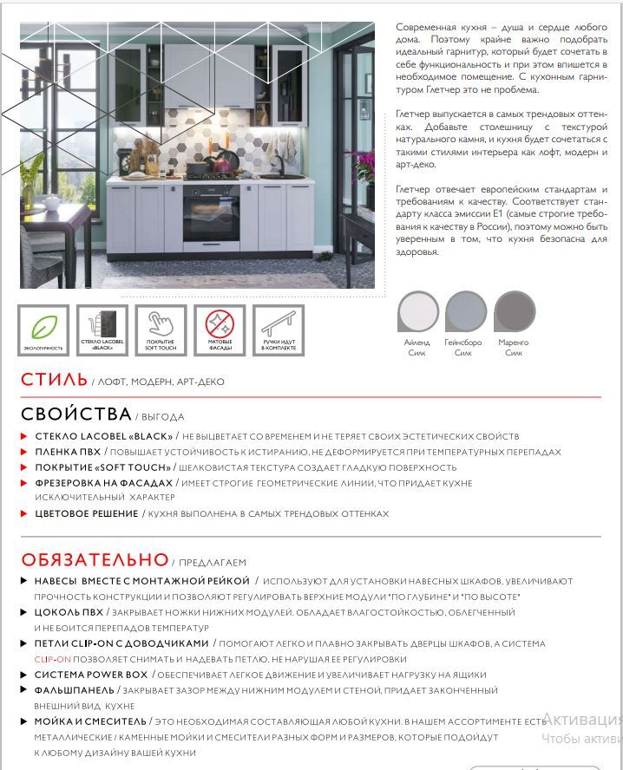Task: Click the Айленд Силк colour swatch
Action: [x=417, y=310]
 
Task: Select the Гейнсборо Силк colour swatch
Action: [x=465, y=310]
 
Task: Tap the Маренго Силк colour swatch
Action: [x=515, y=310]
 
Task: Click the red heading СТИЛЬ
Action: [x=54, y=380]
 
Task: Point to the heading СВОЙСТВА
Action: [x=76, y=414]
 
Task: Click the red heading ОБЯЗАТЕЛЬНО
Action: [x=95, y=559]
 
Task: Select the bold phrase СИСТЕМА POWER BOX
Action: [x=91, y=675]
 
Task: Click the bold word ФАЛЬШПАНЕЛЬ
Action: [x=75, y=690]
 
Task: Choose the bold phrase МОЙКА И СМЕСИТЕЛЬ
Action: [x=90, y=721]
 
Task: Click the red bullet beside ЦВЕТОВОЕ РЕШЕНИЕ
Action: [x=24, y=514]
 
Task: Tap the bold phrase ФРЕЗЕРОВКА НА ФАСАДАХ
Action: [x=104, y=482]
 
